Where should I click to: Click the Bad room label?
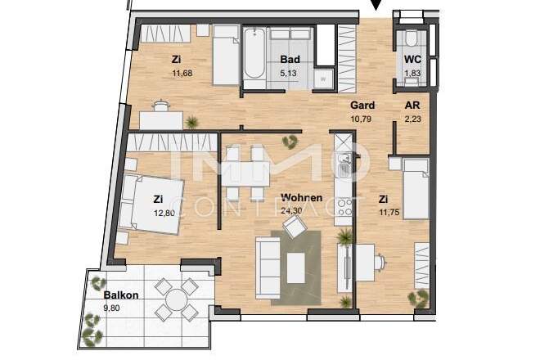[x=288, y=60]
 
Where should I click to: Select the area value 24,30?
[x=291, y=210]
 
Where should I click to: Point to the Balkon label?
[x=121, y=295]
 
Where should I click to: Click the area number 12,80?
[x=163, y=213]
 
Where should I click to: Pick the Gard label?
[x=362, y=106]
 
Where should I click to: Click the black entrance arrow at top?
[x=376, y=7]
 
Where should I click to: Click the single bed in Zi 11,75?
[x=416, y=188]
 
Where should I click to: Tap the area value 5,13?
[x=288, y=73]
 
